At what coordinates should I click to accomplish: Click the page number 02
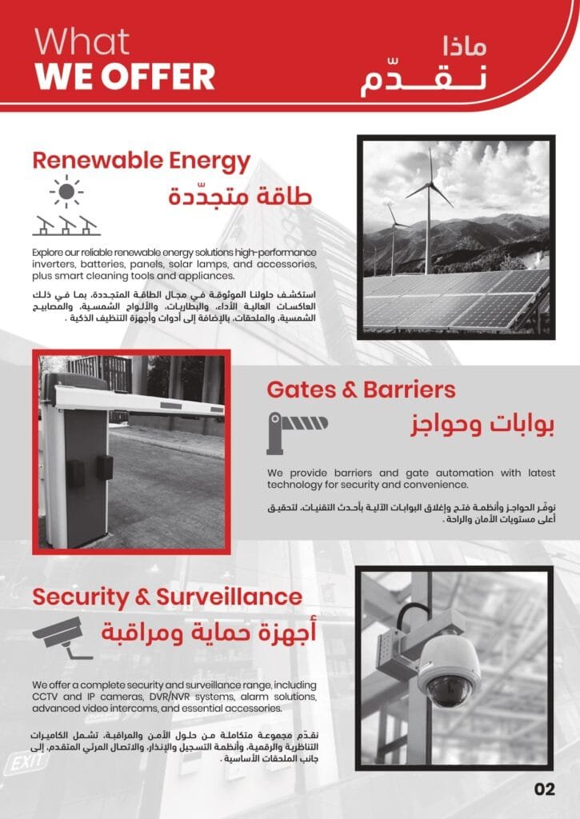pyautogui.click(x=544, y=789)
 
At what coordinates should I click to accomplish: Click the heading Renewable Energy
pyautogui.click(x=141, y=162)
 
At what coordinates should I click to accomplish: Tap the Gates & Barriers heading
pyautogui.click(x=361, y=390)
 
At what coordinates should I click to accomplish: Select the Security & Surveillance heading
pyautogui.click(x=167, y=597)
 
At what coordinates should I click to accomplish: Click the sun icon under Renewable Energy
pyautogui.click(x=66, y=193)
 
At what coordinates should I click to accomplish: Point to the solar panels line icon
pyautogui.click(x=66, y=226)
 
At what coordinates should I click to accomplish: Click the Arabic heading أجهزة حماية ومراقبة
pyautogui.click(x=210, y=633)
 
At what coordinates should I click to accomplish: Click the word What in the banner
pyautogui.click(x=82, y=42)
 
